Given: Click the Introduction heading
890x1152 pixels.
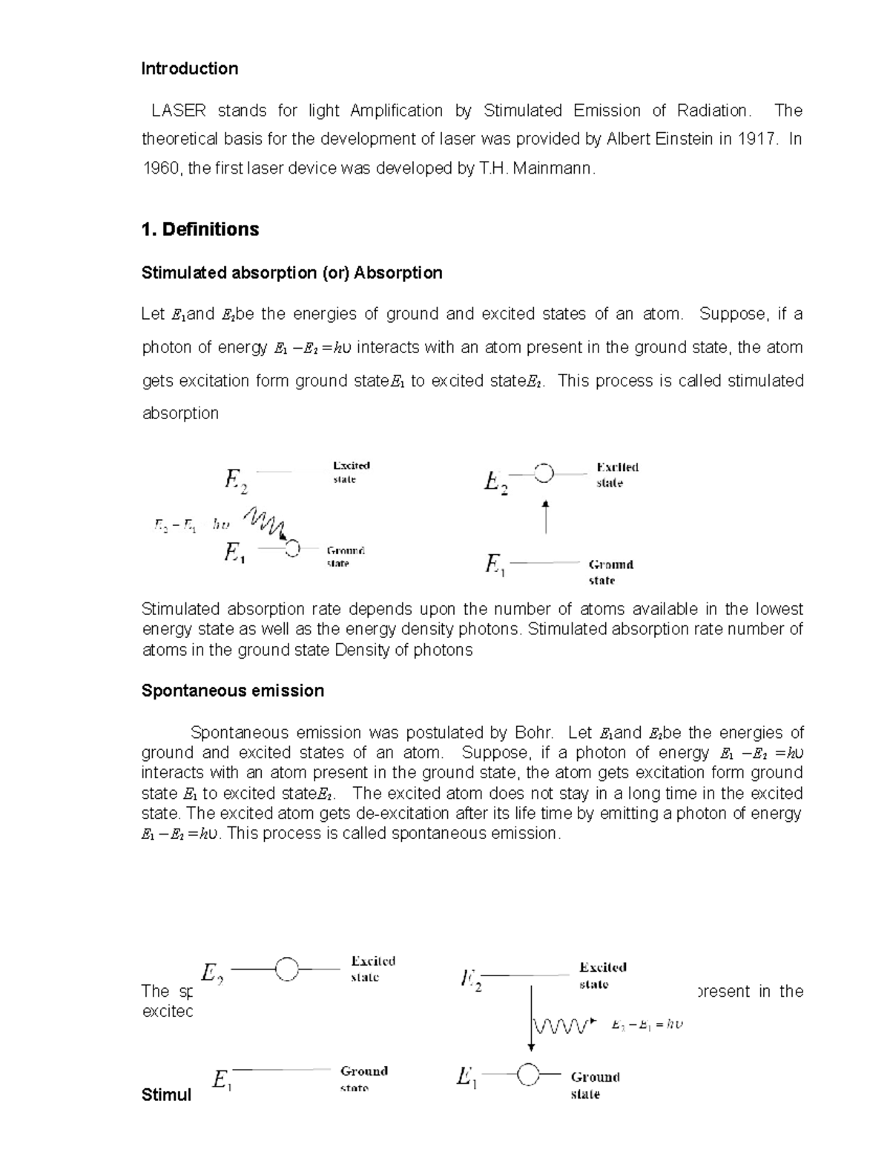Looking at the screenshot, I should tap(189, 69).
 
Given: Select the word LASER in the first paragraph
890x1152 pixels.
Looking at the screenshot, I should tap(178, 111).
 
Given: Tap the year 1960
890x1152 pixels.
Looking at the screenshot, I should tap(161, 168).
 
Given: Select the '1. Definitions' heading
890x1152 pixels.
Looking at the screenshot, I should tap(200, 229).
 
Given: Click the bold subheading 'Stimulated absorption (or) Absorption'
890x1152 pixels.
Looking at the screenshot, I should tap(291, 273).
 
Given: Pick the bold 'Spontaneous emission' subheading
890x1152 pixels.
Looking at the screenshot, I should tap(232, 691).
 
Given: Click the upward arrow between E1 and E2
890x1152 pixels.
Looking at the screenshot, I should tap(546, 517).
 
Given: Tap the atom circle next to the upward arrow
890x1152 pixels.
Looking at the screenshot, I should tap(544, 473).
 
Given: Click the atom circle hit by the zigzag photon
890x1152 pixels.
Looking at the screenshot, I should tap(292, 548).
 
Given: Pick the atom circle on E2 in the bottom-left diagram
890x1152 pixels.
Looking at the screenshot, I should tap(286, 969).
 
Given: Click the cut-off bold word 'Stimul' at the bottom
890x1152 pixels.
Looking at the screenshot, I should tap(166, 1095).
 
